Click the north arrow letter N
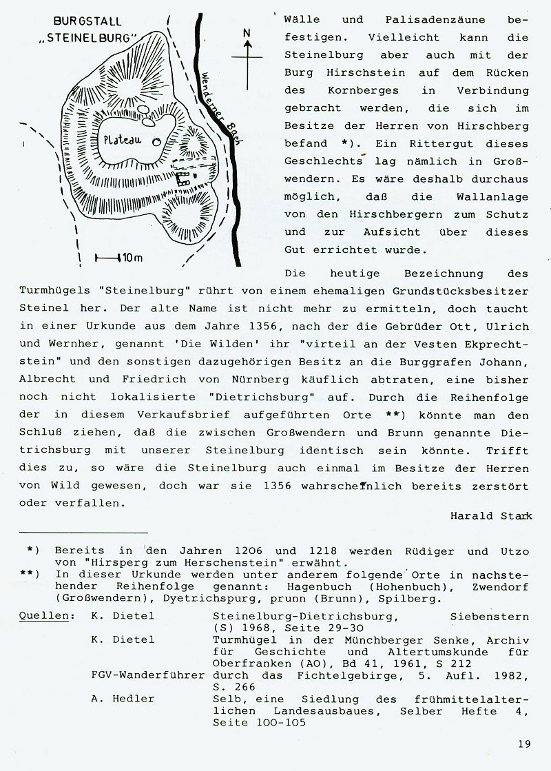pyautogui.click(x=249, y=33)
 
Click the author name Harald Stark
pyautogui.click(x=490, y=515)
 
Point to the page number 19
pyautogui.click(x=523, y=743)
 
